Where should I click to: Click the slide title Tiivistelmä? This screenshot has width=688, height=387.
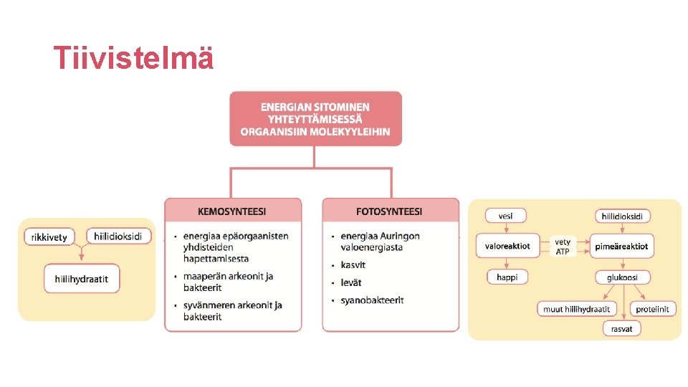134,58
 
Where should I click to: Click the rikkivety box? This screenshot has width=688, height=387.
49,237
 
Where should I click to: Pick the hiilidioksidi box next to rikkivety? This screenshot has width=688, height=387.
119,236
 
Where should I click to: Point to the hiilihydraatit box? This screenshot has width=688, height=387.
81,278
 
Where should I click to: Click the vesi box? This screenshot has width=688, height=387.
505,215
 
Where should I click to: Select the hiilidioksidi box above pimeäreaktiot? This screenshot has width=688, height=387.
621,216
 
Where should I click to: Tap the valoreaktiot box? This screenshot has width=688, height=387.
507,246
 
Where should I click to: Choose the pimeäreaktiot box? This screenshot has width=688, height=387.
621,246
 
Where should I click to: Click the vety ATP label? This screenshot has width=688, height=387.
563,247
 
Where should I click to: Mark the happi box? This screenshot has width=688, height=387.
507,277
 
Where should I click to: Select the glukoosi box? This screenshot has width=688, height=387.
621,277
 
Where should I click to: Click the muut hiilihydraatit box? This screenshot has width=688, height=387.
577,309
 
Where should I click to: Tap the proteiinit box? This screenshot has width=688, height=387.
653,309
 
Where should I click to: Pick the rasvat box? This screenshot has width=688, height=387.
621,329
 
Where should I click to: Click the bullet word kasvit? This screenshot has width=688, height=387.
353,265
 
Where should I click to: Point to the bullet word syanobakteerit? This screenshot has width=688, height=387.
372,300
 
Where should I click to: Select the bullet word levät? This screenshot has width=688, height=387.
351,282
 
